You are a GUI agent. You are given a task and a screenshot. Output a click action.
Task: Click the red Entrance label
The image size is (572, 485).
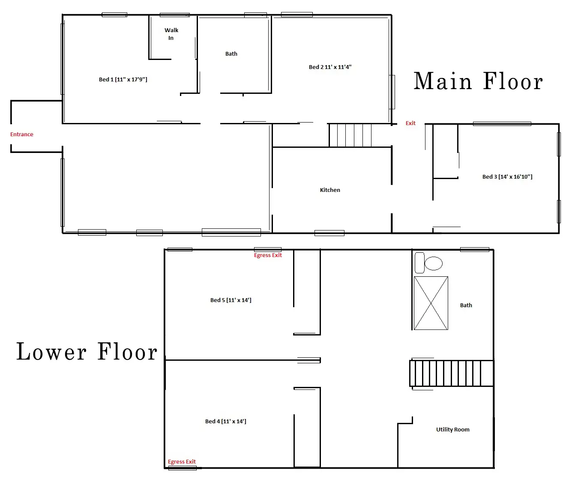[21, 134]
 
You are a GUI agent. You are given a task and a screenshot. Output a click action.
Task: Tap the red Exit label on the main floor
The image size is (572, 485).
[410, 123]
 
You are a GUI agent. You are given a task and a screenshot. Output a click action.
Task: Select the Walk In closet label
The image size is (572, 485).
[171, 34]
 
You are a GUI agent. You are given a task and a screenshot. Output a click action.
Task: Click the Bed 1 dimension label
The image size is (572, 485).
[123, 79]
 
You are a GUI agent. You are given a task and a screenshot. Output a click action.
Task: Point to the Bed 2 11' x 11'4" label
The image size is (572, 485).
[330, 67]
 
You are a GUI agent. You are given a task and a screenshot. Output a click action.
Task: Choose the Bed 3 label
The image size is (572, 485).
[507, 177]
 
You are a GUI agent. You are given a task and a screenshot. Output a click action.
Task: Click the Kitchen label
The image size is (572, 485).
[330, 190]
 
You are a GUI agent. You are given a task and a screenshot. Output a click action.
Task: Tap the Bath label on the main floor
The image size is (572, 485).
[231, 54]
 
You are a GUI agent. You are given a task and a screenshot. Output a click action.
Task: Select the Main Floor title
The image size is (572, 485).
[478, 81]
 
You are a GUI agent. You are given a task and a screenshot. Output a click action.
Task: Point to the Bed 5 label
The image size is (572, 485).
[231, 300]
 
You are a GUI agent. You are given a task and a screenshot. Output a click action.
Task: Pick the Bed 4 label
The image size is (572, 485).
[225, 421]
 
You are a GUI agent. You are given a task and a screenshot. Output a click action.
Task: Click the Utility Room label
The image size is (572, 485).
[453, 429]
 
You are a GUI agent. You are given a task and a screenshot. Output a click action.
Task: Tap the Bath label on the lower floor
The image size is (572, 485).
[466, 305]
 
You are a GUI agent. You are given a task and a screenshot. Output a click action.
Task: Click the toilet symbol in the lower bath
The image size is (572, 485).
[428, 263]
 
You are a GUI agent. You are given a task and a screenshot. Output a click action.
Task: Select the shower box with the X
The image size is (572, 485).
[431, 303]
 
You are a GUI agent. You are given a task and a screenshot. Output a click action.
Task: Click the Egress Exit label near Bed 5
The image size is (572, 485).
[268, 255]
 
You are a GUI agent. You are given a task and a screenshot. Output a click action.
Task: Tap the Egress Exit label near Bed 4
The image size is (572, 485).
[182, 461]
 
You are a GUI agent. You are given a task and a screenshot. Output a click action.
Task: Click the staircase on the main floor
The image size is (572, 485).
[350, 135]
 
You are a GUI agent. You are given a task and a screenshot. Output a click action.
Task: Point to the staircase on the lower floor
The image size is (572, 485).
[452, 373]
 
